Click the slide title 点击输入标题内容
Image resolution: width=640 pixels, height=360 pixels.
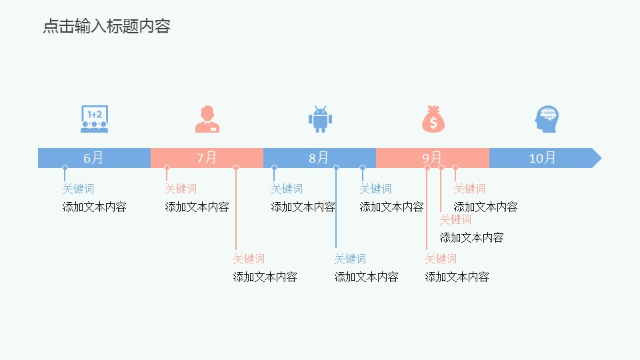click(107, 27)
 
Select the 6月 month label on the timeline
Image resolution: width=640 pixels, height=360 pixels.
click(93, 158)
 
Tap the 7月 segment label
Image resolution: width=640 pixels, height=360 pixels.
click(207, 158)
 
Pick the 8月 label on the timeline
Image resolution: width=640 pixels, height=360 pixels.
click(319, 158)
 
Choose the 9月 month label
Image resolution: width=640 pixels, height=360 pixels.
click(431, 158)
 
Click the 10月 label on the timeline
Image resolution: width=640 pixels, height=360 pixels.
click(542, 158)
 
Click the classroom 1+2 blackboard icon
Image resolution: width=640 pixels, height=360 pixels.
click(94, 119)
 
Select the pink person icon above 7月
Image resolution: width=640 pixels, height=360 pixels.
click(207, 119)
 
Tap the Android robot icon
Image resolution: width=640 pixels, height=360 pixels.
click(320, 119)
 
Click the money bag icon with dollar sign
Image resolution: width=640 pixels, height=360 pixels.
click(433, 119)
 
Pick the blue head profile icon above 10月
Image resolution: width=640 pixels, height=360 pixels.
click(546, 119)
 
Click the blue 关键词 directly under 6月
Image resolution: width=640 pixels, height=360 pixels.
click(78, 189)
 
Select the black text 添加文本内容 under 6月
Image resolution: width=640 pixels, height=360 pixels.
click(94, 207)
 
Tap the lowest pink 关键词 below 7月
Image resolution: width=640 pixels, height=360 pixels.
click(249, 259)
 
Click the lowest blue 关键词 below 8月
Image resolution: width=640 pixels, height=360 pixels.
click(350, 259)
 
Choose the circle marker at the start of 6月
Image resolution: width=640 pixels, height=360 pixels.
click(65, 168)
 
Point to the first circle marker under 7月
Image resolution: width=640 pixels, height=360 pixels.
click(167, 168)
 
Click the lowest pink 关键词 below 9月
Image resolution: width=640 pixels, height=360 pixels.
click(441, 259)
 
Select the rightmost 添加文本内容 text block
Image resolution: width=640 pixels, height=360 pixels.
click(485, 207)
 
